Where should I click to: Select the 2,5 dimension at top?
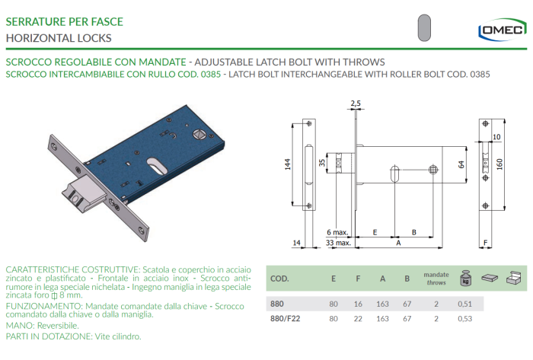tap(355, 103)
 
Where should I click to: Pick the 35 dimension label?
tap(321, 163)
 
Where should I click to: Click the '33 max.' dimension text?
tap(339, 243)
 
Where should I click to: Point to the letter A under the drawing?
tap(397, 244)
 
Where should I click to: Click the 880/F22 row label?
tap(283, 318)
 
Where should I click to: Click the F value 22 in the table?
tap(358, 318)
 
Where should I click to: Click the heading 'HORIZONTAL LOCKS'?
tap(59, 37)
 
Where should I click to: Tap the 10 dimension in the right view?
tap(496, 137)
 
